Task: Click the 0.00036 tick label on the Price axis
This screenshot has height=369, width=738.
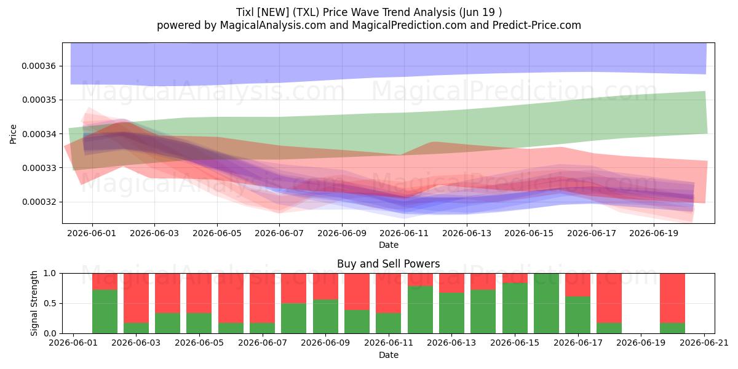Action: pyautogui.click(x=39, y=66)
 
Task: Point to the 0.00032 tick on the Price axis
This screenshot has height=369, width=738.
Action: pyautogui.click(x=39, y=202)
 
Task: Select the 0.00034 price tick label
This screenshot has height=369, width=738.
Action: pyautogui.click(x=39, y=134)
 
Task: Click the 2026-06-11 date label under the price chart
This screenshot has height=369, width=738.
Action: pyautogui.click(x=404, y=233)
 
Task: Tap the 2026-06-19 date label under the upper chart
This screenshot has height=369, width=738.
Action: pyautogui.click(x=654, y=233)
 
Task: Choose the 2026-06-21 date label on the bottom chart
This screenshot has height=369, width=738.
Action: pyautogui.click(x=704, y=343)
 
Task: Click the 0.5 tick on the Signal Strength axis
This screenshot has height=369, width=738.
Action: pyautogui.click(x=50, y=303)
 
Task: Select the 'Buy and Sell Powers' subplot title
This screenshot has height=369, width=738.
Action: pyautogui.click(x=389, y=264)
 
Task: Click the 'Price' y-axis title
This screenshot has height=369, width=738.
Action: pyautogui.click(x=13, y=134)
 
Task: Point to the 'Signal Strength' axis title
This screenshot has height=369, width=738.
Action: pyautogui.click(x=34, y=303)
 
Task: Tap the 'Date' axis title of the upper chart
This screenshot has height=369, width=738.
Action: pyautogui.click(x=389, y=245)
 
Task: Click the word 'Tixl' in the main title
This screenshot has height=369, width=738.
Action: pyautogui.click(x=245, y=12)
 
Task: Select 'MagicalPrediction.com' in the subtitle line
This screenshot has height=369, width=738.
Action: pyautogui.click(x=409, y=25)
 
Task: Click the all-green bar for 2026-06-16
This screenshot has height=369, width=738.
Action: pyautogui.click(x=547, y=303)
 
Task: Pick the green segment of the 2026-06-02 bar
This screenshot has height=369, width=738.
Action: pyautogui.click(x=105, y=312)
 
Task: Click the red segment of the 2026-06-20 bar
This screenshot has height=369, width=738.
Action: pyautogui.click(x=672, y=298)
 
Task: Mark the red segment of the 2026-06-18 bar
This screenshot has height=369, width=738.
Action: pyautogui.click(x=609, y=298)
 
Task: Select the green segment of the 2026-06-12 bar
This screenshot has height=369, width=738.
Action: pyautogui.click(x=421, y=310)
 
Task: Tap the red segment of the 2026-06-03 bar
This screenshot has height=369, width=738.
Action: pyautogui.click(x=136, y=298)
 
